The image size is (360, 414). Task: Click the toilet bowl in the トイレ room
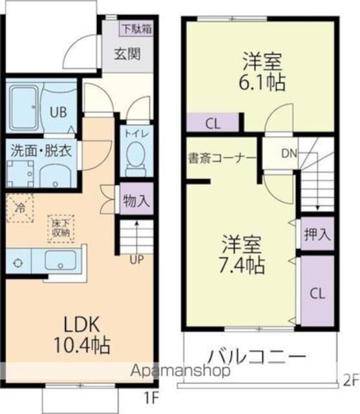point(136,157)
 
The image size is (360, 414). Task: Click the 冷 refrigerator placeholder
point(21,208)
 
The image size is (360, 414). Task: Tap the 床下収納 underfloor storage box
point(62,228)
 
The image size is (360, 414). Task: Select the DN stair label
point(288,154)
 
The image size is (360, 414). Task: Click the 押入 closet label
point(317,234)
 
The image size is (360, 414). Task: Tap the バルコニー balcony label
point(256,357)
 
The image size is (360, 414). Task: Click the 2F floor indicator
point(351,381)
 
